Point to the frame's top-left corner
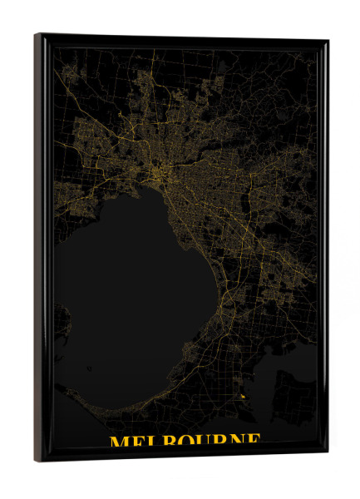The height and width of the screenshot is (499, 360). tap(36, 35)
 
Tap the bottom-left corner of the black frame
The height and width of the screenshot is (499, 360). tap(36, 461)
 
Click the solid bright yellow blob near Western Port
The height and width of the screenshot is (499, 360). tap(242, 398)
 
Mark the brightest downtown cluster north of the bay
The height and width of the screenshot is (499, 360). tap(159, 174)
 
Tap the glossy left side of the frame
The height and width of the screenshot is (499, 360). tap(40, 249)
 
